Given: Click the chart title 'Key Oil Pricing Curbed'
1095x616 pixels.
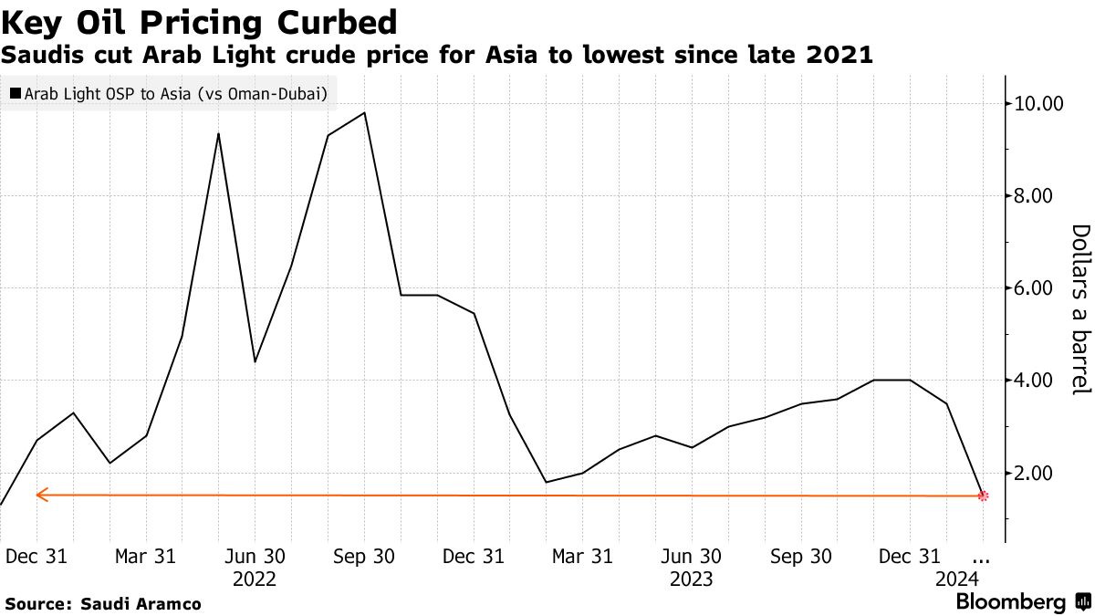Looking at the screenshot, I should click(x=200, y=22).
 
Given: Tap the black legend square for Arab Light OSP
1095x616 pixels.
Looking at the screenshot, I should click(x=16, y=93).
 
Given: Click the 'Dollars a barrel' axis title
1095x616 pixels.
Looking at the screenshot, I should click(x=1080, y=310).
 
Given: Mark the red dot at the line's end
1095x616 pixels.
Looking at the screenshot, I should click(x=983, y=496).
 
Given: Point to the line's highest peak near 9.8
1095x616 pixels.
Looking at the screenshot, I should click(x=364, y=112).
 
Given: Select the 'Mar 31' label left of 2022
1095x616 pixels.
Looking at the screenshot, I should click(x=146, y=556).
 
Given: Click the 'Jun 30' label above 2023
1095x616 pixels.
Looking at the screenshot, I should click(x=692, y=556).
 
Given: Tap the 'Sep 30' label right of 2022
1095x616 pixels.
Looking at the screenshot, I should click(x=364, y=556).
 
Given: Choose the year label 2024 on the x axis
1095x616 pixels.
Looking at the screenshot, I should click(x=957, y=579).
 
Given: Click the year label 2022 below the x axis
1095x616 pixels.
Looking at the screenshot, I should click(x=255, y=579).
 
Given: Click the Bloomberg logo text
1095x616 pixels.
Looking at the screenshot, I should click(x=1011, y=602).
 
